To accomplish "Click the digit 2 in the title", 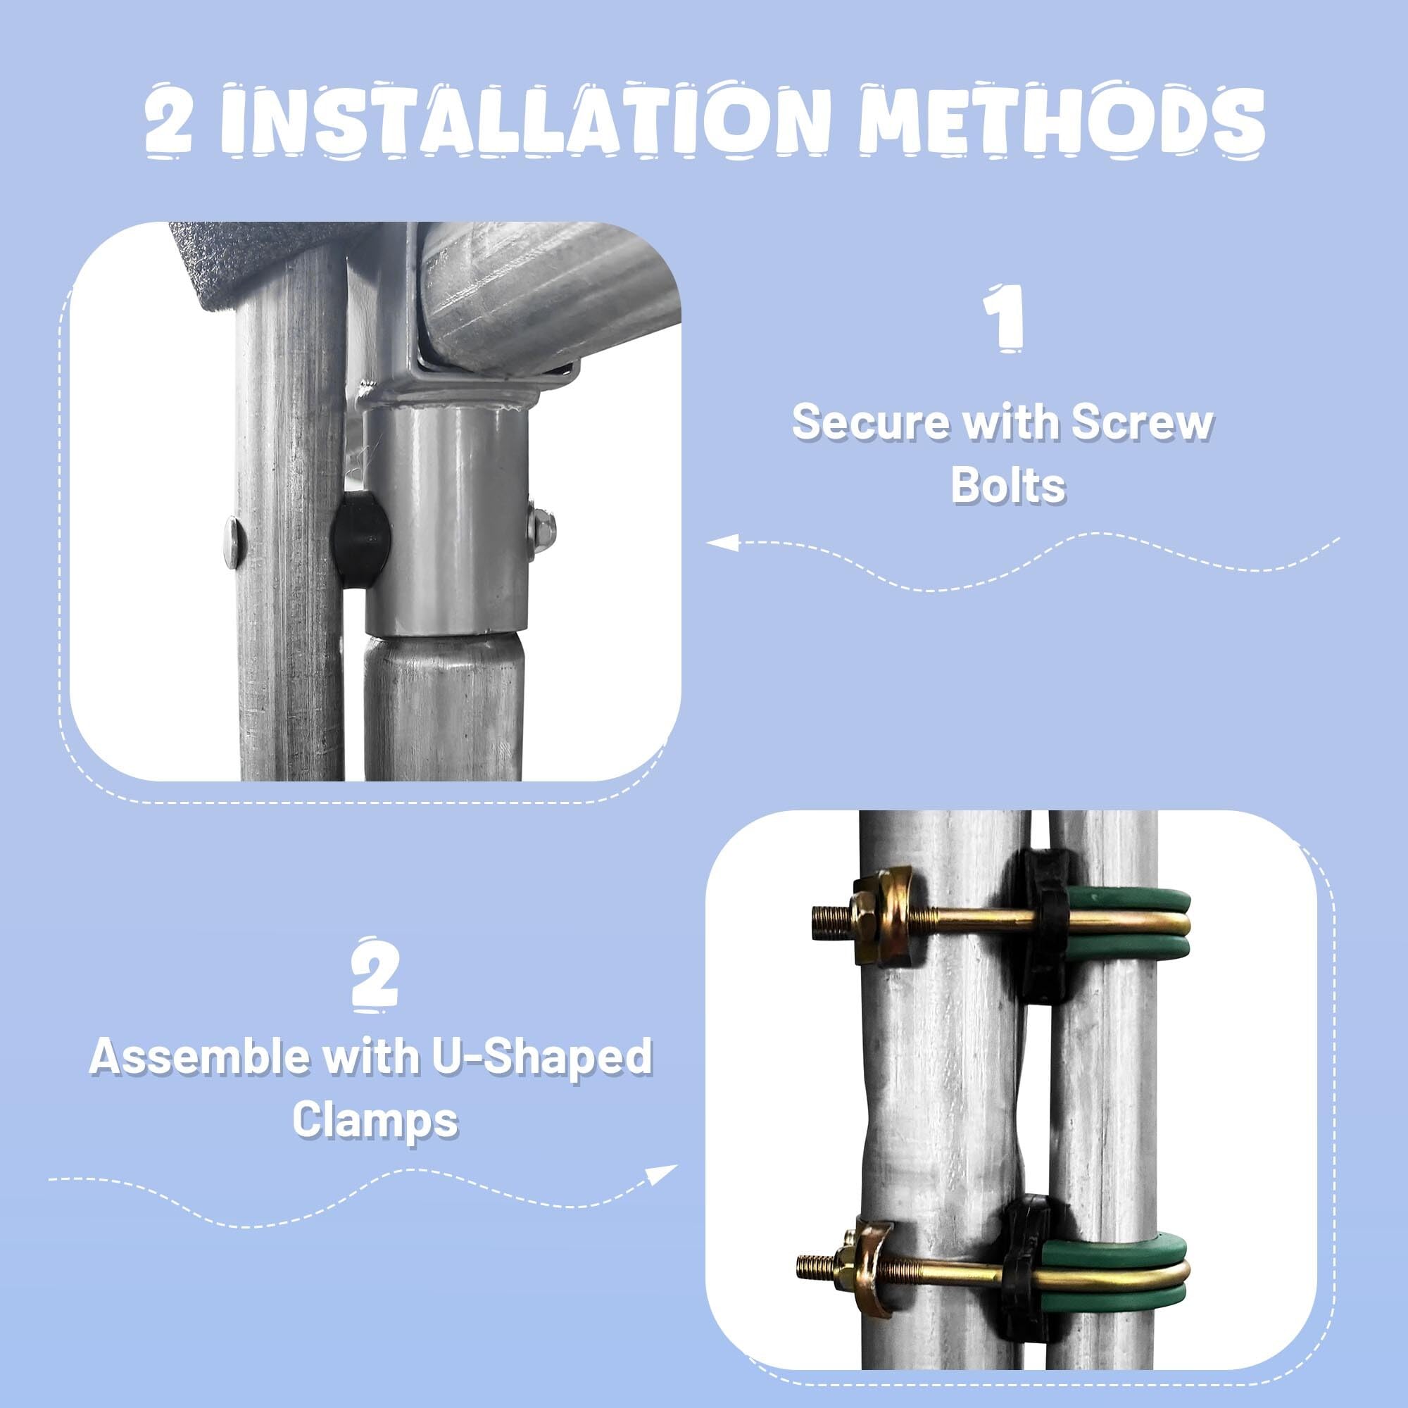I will pyautogui.click(x=168, y=121).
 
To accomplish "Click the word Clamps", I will pyautogui.click(x=375, y=1118).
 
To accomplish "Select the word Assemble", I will pyautogui.click(x=201, y=1056).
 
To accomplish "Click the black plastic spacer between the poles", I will pyautogui.click(x=360, y=539).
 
